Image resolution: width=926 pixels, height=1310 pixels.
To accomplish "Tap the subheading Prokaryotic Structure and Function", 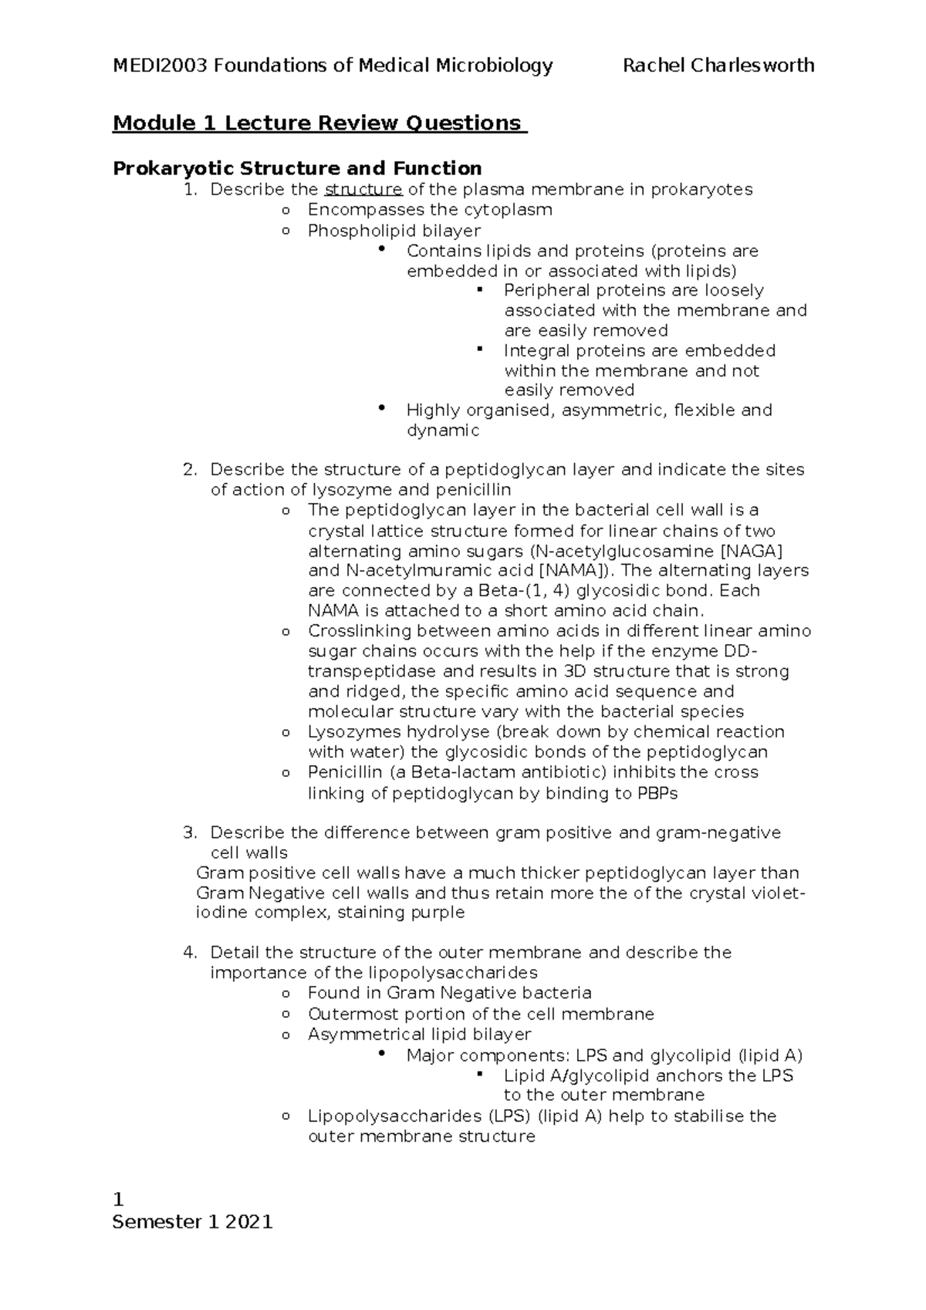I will pyautogui.click(x=297, y=168).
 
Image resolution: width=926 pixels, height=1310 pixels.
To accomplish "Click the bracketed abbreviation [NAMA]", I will pyautogui.click(x=572, y=571).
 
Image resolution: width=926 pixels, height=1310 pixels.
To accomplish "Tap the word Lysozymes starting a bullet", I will pyautogui.click(x=354, y=732).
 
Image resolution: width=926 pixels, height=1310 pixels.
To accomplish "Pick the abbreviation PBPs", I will pyautogui.click(x=657, y=793).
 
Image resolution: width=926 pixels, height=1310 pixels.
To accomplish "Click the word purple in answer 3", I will pyautogui.click(x=438, y=913).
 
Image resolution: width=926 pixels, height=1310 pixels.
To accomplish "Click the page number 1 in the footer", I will pyautogui.click(x=118, y=1200).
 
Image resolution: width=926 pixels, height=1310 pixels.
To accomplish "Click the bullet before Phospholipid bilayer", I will pyautogui.click(x=286, y=231).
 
